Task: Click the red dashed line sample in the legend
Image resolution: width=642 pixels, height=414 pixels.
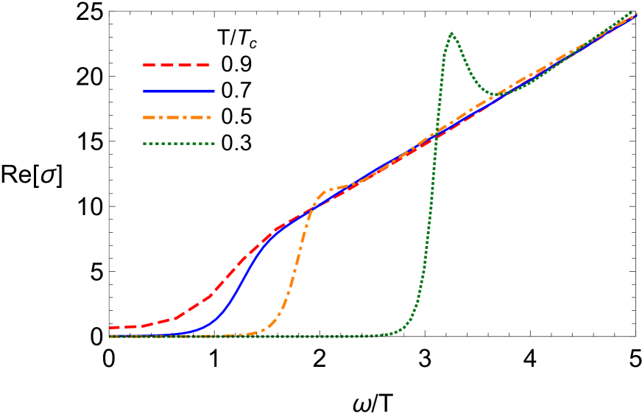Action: [177, 66]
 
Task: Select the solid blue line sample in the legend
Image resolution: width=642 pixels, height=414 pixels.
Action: [178, 91]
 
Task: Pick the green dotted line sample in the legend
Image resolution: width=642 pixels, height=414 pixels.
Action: [178, 144]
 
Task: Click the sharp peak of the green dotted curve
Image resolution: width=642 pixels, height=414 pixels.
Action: [451, 33]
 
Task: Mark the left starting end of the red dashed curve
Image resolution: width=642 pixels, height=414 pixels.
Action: [111, 328]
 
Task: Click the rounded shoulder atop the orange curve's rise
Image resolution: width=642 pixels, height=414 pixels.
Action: [328, 191]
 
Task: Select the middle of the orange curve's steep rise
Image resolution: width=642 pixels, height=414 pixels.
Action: [296, 265]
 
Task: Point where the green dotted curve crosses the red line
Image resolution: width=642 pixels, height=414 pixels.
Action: [436, 136]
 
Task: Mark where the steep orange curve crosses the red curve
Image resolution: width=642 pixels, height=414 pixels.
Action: [310, 212]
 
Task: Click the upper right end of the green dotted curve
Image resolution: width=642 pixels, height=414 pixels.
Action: [632, 13]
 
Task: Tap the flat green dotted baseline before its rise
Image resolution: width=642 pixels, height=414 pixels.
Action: [294, 337]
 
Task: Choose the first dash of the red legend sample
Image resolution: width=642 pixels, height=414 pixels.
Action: [150, 66]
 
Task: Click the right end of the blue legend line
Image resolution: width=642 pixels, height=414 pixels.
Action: [214, 91]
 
